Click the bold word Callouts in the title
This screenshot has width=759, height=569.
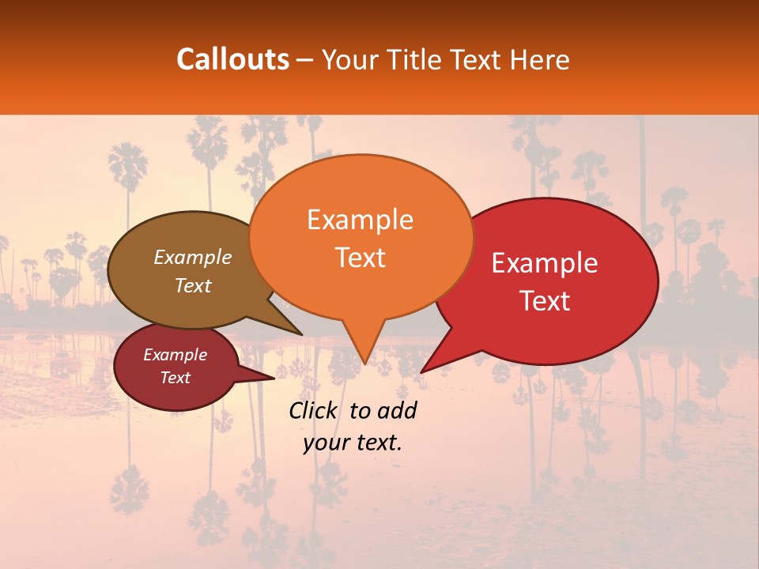point(232,59)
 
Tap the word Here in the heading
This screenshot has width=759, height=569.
point(538,59)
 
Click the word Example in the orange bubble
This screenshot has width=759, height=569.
point(360,220)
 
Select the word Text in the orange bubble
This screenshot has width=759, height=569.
point(360,258)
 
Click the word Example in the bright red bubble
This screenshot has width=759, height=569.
point(545,263)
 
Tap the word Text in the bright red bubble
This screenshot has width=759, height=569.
point(546,301)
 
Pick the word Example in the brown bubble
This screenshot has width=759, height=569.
point(193,257)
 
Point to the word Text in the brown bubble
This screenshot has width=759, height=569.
point(193,285)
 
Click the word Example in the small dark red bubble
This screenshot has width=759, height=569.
point(175,355)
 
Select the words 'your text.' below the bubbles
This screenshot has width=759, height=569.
point(353,443)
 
